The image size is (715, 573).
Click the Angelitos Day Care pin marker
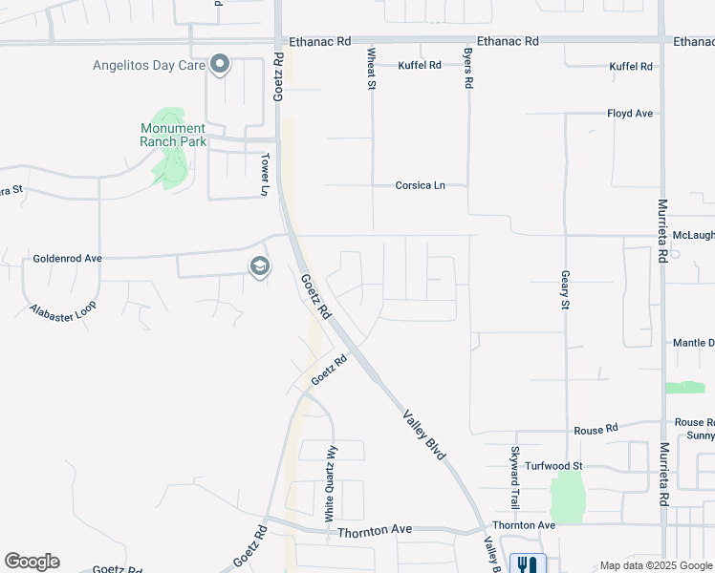(221, 65)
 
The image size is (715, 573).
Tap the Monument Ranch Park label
(172, 135)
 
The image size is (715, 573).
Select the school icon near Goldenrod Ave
(259, 267)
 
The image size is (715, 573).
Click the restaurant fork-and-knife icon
(528, 564)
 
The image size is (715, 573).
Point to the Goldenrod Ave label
(67, 259)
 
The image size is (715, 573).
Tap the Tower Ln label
(267, 174)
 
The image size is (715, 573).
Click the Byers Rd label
(468, 69)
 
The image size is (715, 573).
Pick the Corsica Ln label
(421, 185)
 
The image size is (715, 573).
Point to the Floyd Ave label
(630, 114)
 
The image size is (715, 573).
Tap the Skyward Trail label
(514, 477)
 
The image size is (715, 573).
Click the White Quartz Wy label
(331, 482)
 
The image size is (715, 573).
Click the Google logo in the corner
(32, 562)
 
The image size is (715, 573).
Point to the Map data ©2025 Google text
(656, 566)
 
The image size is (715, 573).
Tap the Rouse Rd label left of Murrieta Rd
(596, 431)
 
